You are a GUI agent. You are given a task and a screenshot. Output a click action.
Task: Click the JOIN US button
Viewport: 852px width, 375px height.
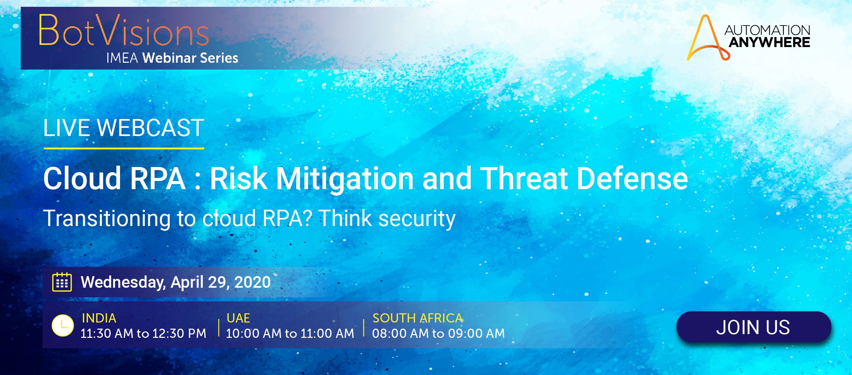pos(754,327)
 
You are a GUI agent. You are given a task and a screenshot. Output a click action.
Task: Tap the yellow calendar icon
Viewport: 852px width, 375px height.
pos(62,282)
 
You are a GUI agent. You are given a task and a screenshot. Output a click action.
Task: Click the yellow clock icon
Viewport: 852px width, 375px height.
pos(63,326)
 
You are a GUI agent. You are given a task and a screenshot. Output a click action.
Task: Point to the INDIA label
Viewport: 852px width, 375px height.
pos(99,318)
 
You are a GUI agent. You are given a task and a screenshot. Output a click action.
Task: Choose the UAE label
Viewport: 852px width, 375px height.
pos(238,318)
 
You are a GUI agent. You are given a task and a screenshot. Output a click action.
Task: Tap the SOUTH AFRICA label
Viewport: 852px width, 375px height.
pos(417,318)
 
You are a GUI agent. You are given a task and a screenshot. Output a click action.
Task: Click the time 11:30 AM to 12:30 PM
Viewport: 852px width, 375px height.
pos(143,333)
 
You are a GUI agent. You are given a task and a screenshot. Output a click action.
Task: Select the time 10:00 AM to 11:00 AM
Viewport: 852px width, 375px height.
pos(290,333)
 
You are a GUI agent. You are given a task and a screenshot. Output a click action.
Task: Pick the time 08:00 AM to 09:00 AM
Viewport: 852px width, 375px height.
pos(438,333)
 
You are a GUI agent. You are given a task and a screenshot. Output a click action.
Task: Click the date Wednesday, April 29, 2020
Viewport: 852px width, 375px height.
pos(176,282)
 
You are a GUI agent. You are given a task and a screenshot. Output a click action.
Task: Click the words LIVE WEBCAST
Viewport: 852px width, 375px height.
pos(124,128)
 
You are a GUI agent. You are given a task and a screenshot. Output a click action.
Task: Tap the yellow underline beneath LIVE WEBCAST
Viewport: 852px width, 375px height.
pos(124,148)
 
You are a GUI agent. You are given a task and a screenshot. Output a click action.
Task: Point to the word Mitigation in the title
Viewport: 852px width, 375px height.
pos(345,179)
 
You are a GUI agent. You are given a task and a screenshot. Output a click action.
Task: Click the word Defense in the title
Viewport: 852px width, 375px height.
pos(632,178)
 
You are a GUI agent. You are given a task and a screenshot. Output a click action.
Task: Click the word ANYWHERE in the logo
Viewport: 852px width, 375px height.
pos(770,42)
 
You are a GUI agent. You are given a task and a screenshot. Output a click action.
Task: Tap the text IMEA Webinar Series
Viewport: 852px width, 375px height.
pos(172,58)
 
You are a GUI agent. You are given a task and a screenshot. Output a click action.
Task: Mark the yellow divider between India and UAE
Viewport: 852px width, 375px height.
pos(218,328)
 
